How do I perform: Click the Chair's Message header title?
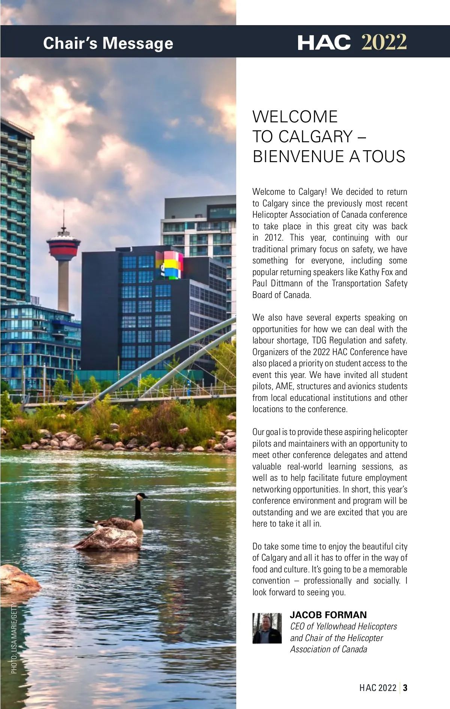[108, 43]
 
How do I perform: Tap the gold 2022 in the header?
[384, 42]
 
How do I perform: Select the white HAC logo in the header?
[324, 42]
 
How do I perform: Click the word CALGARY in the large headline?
[315, 137]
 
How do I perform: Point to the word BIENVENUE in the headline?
[298, 157]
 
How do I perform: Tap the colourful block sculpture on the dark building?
[170, 265]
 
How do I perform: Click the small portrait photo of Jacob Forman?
[267, 628]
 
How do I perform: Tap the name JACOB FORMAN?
[328, 615]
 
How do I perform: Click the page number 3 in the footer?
[405, 688]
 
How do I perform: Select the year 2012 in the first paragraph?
[273, 238]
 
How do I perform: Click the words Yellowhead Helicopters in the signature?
[356, 626]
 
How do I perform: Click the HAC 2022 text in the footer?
[378, 688]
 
